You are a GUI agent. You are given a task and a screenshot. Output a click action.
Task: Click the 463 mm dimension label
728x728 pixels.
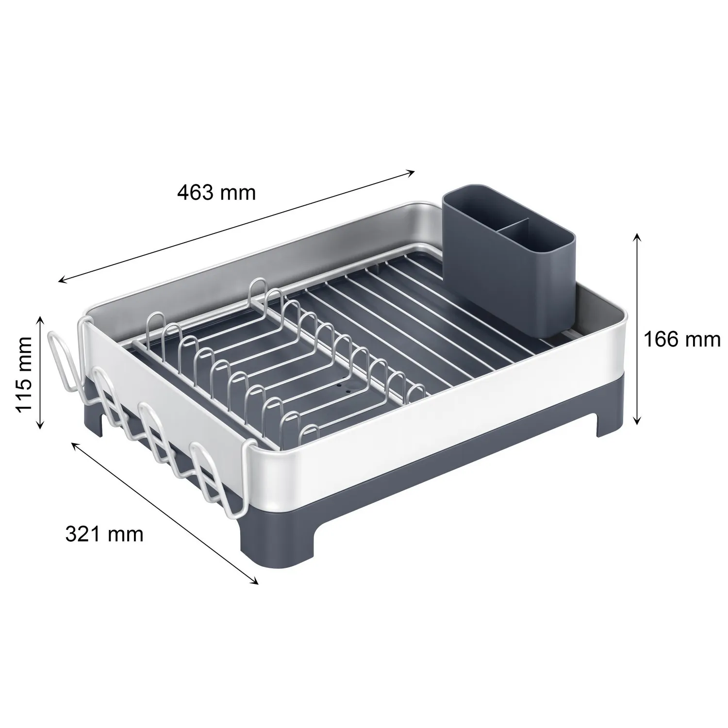click(x=216, y=193)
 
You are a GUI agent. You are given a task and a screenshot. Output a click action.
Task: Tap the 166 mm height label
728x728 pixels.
click(x=682, y=339)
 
